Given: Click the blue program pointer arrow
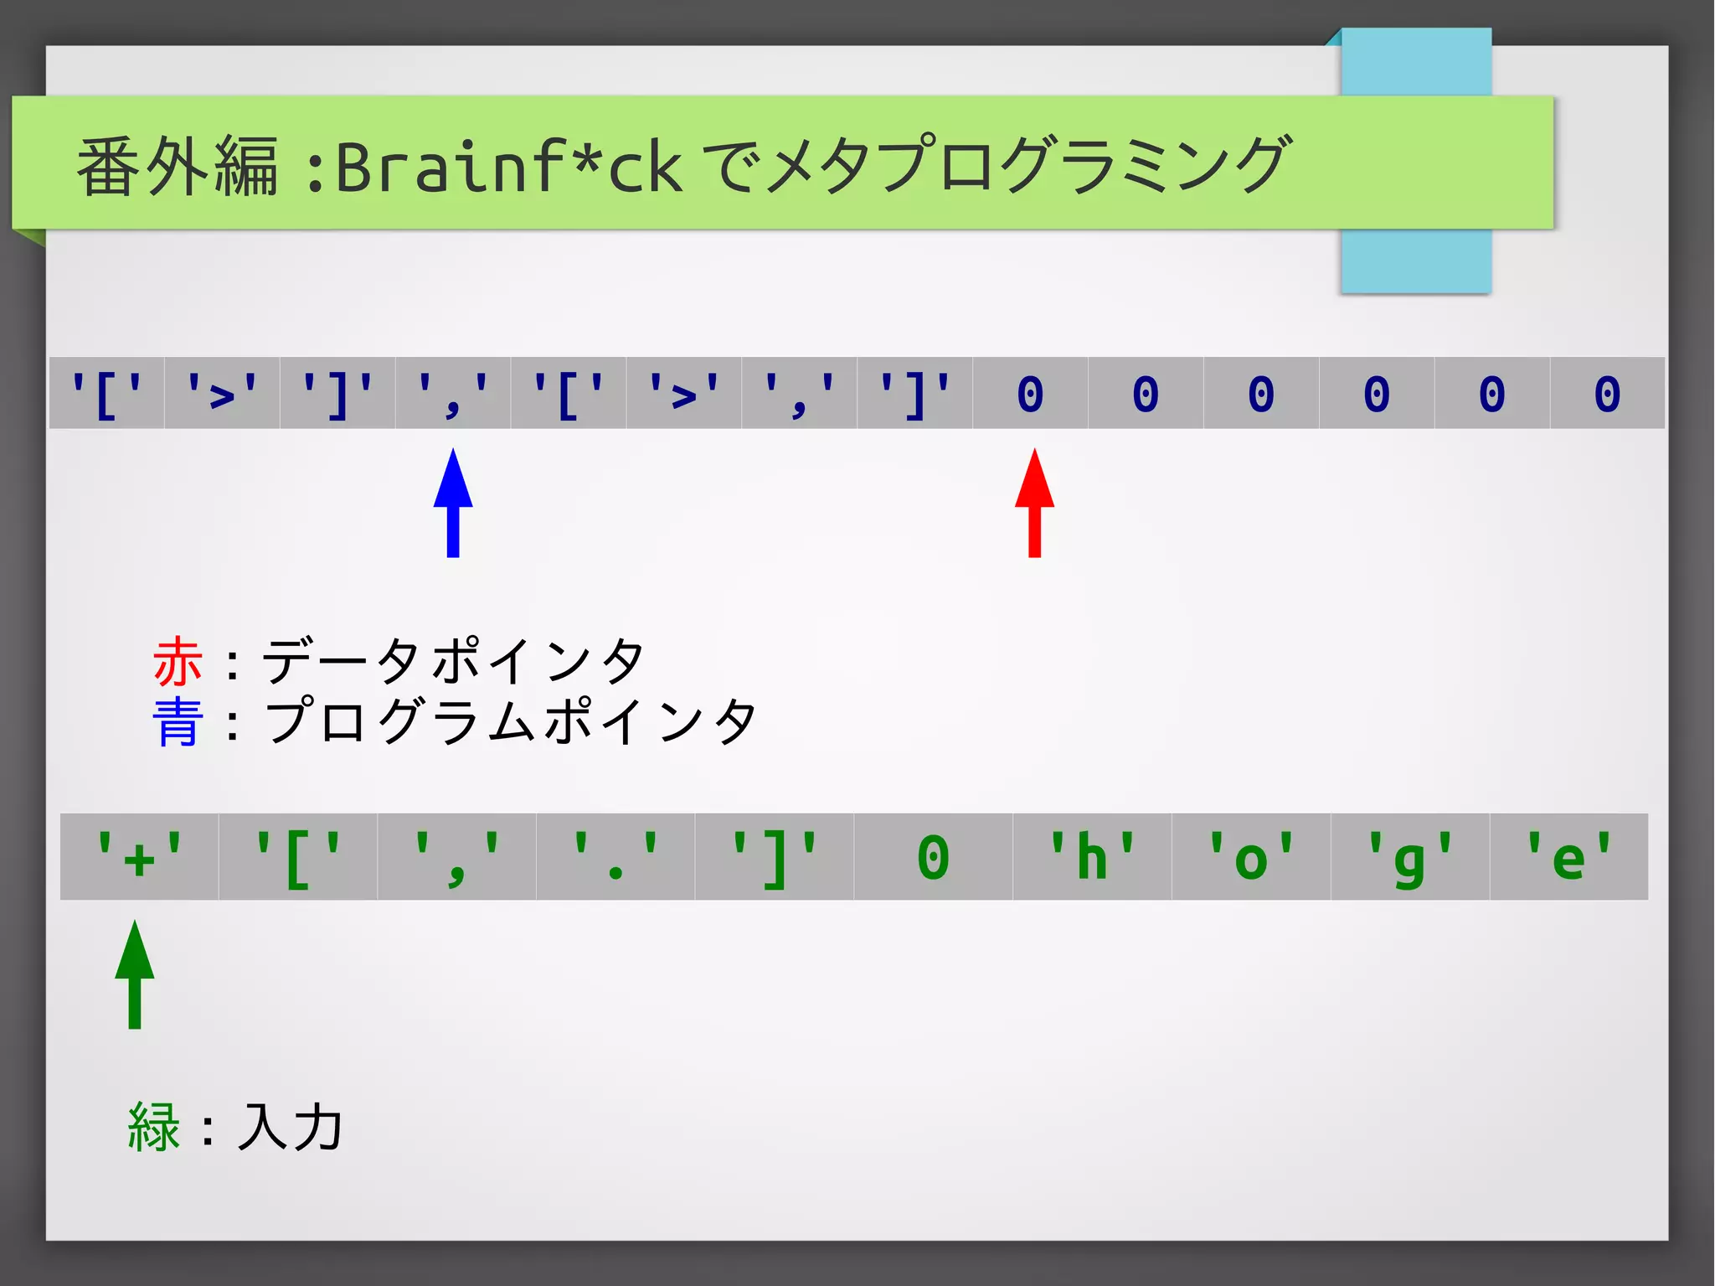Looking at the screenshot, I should coord(453,502).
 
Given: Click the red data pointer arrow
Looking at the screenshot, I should coord(1034,502).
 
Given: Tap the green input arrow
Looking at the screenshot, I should coord(135,974).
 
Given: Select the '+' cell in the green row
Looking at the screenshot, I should coord(139,857).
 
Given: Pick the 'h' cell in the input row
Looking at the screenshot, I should coord(1092,857).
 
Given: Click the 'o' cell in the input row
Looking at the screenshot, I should coord(1251,857).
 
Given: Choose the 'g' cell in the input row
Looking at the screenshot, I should coord(1410,857).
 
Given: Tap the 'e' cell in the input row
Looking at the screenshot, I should coord(1568,857).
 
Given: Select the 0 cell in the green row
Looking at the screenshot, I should coord(933,857).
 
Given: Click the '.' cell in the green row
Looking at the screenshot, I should coord(615,857).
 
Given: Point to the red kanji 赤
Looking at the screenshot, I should coord(178,661).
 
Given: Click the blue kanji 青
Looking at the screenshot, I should coord(178,721).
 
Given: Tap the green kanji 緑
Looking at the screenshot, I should coord(154,1127).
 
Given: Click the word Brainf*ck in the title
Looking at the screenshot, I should coord(508,166).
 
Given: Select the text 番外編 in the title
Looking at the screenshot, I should coord(178,166).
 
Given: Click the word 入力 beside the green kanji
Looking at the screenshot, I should coord(290,1127).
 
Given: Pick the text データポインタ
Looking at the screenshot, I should coord(453,661).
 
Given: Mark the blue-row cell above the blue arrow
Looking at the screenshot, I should coord(453,393).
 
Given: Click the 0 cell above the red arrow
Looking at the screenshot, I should coord(1030,393).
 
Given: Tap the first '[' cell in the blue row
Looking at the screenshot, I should coord(106,393).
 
